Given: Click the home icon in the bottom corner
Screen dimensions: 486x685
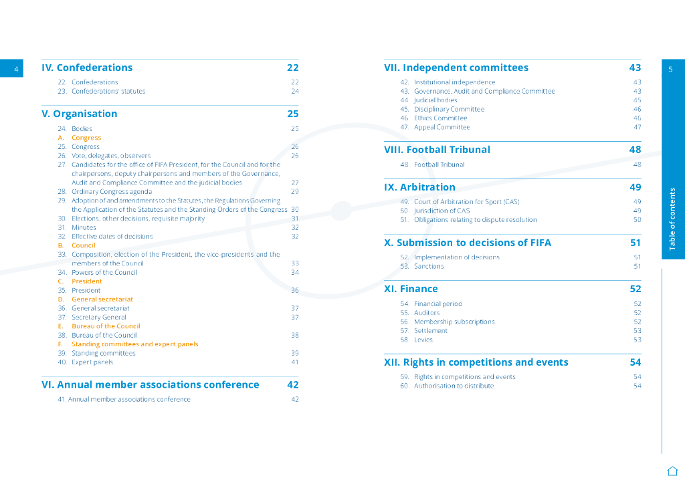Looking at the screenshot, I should coord(672,470).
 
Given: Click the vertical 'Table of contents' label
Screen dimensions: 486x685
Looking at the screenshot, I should coord(672,219).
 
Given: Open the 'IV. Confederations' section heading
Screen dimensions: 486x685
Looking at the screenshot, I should coord(87,68).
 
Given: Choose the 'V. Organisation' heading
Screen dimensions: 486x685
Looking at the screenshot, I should coord(80,114).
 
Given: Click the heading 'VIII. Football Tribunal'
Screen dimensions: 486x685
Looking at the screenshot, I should coord(437,150).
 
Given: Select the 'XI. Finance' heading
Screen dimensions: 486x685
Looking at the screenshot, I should coord(411,289).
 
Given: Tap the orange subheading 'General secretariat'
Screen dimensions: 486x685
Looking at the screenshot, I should coord(102,299).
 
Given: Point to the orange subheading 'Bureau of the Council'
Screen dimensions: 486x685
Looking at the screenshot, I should coord(106,326).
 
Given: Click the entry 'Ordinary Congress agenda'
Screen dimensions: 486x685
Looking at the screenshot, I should coord(112,192).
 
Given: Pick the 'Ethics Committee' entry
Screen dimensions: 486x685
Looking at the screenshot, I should coord(440,118).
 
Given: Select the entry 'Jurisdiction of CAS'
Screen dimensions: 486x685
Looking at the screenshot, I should coord(442,211).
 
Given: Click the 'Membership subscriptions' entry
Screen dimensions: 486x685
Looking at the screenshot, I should coord(454,322).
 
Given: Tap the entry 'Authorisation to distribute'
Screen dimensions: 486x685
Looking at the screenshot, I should coord(454,386).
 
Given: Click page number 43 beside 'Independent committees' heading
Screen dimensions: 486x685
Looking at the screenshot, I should coord(635,68).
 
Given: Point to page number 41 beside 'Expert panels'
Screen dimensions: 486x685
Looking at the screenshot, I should coord(294,362).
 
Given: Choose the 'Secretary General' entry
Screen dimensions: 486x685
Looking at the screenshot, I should coord(99,318).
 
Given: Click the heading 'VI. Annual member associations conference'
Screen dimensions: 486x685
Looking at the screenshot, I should coord(151,384).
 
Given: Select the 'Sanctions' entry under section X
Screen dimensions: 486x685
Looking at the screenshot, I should coord(429,266).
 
